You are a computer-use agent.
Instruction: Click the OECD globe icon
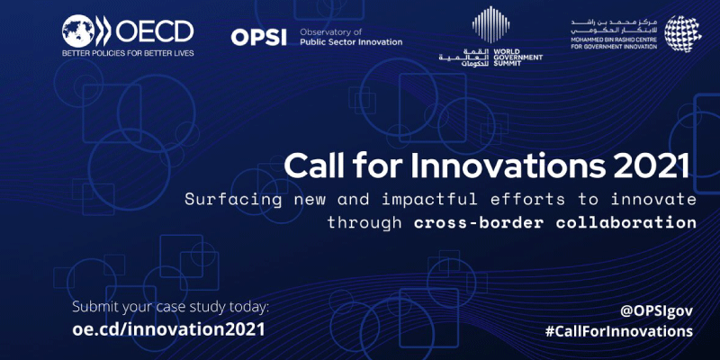78,31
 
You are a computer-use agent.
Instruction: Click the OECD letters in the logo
154,31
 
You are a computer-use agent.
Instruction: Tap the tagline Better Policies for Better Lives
128,53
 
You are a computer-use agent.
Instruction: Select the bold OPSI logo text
259,37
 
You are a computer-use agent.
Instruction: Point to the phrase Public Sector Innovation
351,42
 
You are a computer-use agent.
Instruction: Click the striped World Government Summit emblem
490,24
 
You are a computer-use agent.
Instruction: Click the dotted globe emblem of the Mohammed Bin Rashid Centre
683,33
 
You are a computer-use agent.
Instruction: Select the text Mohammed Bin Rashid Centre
614,40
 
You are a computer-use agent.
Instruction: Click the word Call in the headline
311,166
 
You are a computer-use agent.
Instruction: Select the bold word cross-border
479,222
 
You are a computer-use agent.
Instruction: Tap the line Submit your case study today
170,308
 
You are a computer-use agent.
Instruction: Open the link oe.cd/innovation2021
168,329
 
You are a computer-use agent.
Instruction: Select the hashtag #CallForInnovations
619,331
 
